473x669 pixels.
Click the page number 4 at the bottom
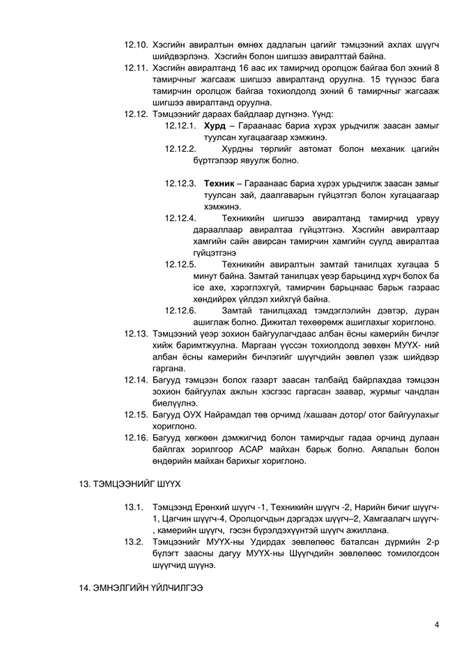[437, 624]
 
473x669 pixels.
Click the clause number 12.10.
[136, 45]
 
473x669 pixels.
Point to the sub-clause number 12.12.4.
[180, 218]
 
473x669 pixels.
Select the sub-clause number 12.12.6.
[180, 310]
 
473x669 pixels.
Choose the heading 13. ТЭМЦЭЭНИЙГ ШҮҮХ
[132, 484]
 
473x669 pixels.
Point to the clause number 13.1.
[134, 507]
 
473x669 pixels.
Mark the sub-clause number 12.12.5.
[180, 264]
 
